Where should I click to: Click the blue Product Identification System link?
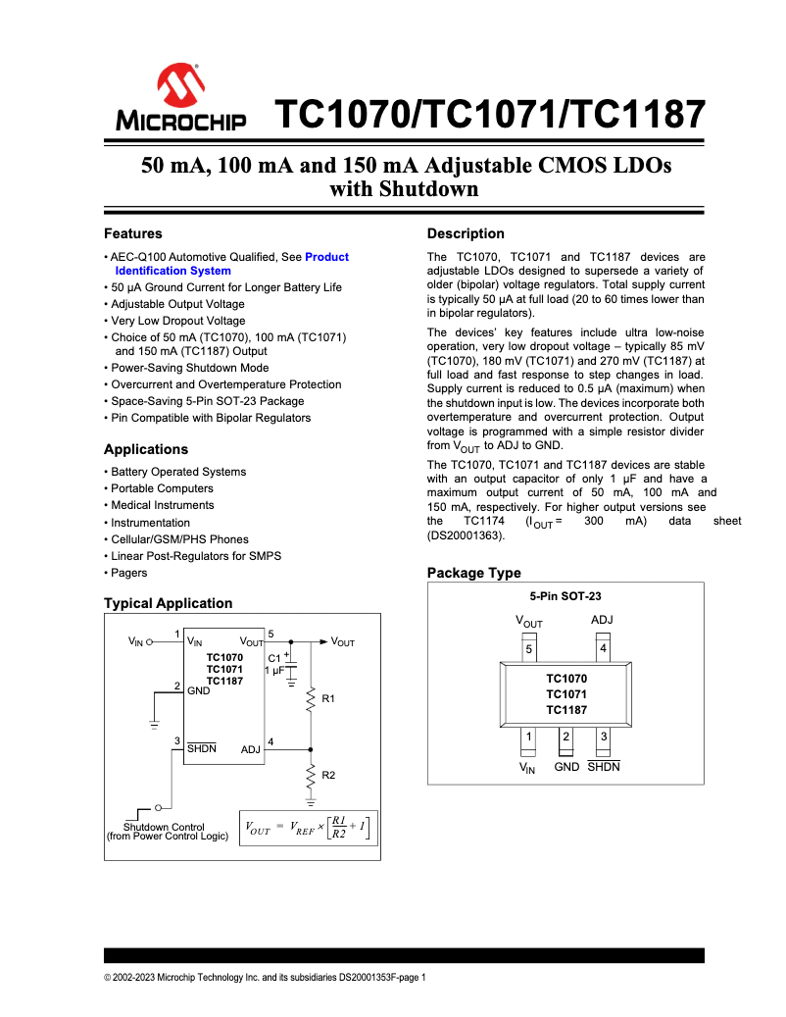pos(172,271)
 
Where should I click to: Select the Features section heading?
pos(133,233)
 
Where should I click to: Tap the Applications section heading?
pos(146,449)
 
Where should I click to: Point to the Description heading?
pos(466,233)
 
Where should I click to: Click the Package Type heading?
pos(474,573)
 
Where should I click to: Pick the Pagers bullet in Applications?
pos(128,573)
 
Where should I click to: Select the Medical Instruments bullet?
pos(162,505)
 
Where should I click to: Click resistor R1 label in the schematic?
pos(328,699)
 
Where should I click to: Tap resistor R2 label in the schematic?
pos(328,775)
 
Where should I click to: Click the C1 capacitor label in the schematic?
pos(274,657)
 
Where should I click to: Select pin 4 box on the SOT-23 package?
pos(603,648)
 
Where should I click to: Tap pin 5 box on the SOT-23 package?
pos(528,648)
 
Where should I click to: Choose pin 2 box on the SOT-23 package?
pos(565,737)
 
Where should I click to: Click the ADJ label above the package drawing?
pos(603,620)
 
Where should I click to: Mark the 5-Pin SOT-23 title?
pos(565,596)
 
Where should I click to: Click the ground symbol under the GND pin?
pos(154,725)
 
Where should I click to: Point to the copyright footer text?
pos(265,977)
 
